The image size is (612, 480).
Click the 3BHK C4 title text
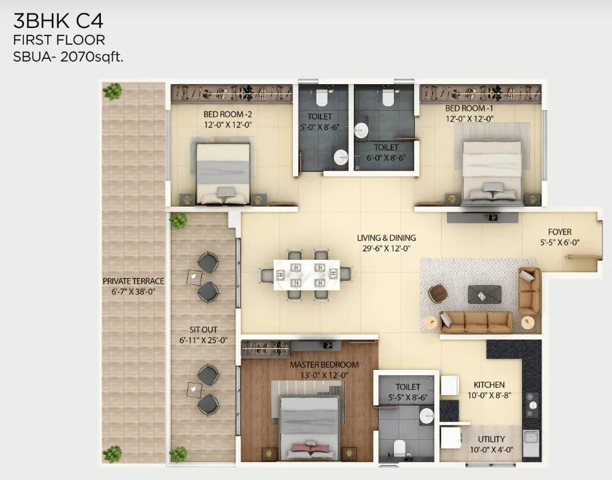click(x=58, y=20)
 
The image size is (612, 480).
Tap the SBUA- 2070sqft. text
click(x=69, y=56)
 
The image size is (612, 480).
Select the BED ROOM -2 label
click(x=223, y=116)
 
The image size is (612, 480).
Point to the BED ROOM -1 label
click(x=469, y=109)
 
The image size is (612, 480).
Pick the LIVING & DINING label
click(x=386, y=238)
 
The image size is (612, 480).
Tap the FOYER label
click(x=560, y=232)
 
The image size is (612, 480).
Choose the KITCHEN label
click(x=488, y=384)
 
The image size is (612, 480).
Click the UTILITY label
click(x=492, y=439)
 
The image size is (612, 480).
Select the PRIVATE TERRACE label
click(x=133, y=281)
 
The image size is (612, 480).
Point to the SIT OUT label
click(x=202, y=329)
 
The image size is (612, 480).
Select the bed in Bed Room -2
click(x=223, y=172)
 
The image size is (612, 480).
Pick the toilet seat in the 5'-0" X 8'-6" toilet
click(x=321, y=97)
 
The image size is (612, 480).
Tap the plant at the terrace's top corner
click(x=113, y=91)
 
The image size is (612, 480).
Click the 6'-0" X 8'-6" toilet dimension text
click(x=386, y=156)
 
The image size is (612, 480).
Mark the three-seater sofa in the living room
click(x=476, y=321)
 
